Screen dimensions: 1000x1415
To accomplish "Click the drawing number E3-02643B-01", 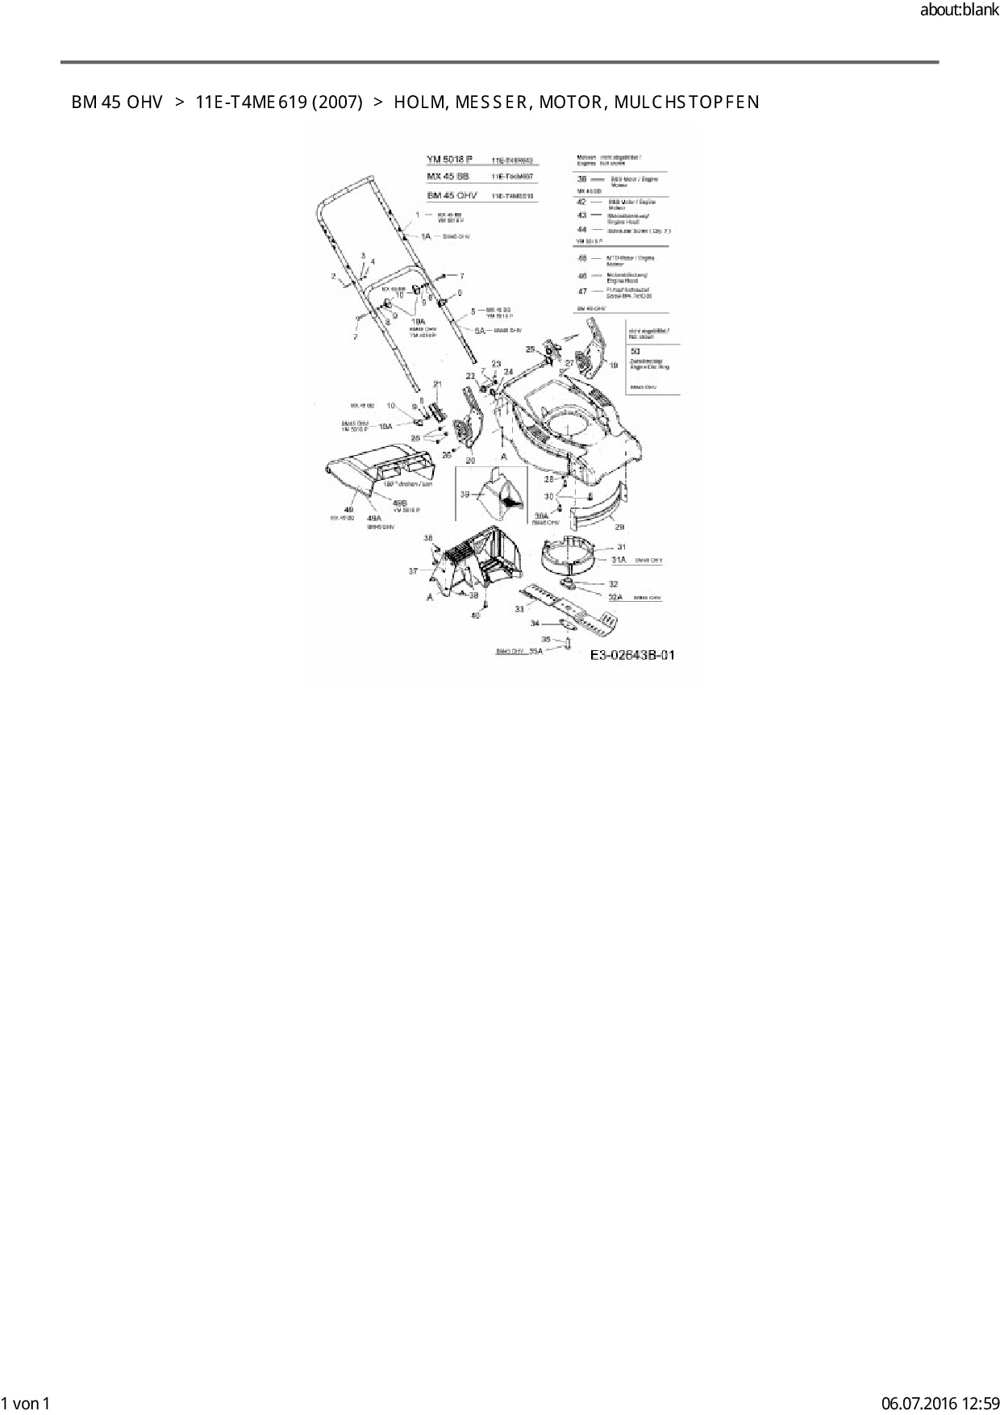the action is click(632, 655).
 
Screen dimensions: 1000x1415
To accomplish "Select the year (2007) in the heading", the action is click(336, 102).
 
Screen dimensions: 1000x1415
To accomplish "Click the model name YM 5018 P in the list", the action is click(450, 159).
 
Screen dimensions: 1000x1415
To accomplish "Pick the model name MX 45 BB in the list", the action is click(448, 177).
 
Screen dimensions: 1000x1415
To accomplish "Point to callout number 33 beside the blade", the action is click(519, 609).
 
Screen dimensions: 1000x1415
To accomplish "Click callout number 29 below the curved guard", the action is click(619, 527).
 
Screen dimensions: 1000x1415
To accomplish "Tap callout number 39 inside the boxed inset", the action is click(465, 495).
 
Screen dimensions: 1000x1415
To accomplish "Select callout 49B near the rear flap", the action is click(399, 503).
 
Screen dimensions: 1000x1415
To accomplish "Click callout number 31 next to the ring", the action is click(621, 548).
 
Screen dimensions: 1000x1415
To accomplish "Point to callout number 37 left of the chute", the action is click(413, 571).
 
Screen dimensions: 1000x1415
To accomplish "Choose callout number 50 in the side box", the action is click(635, 352).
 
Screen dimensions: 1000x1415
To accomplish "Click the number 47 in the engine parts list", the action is click(582, 291).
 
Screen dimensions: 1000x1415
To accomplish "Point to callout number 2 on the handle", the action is click(333, 277).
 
